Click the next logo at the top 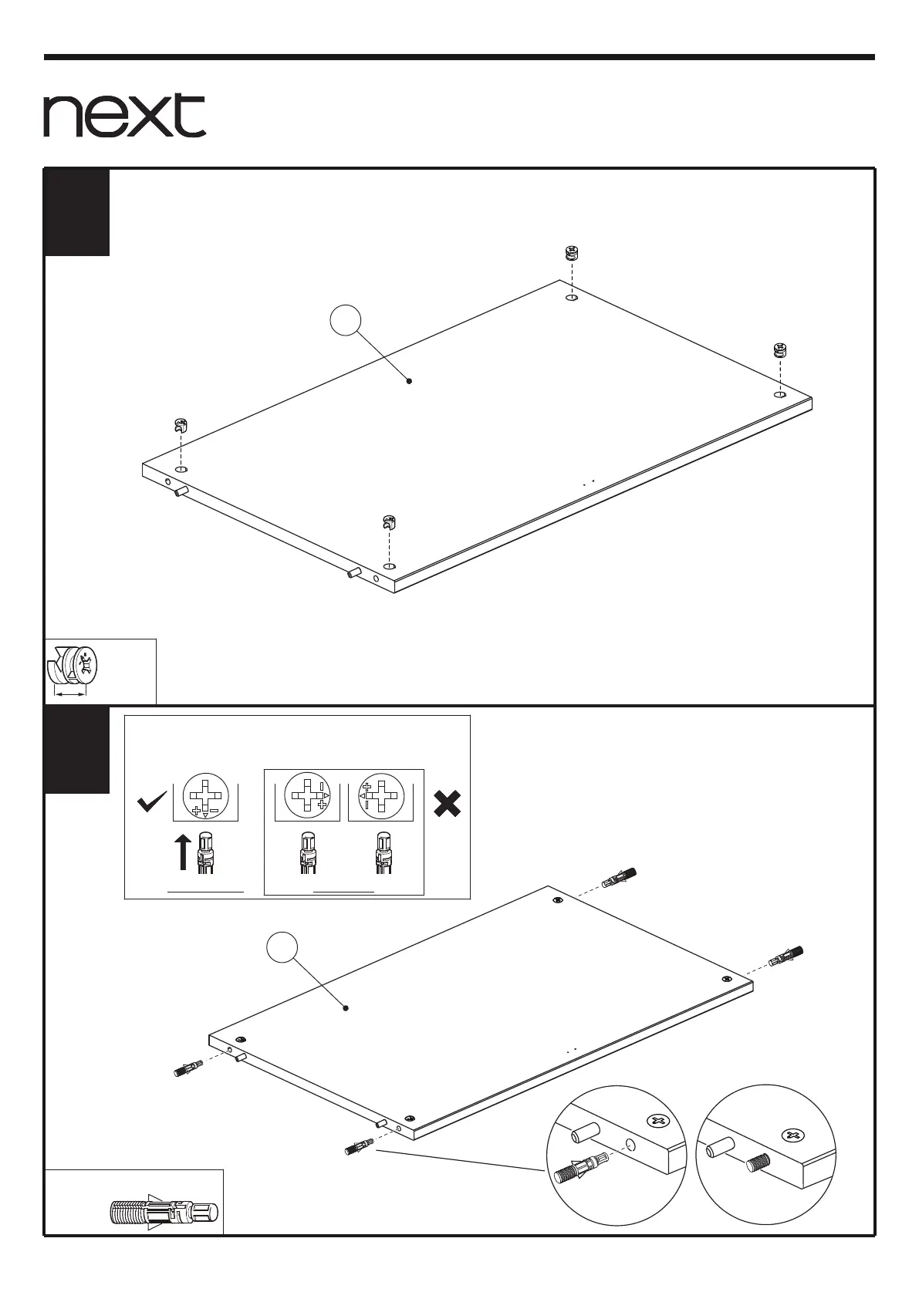[124, 116]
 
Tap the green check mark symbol [152, 804]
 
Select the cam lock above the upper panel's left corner [181, 423]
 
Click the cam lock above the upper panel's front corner [390, 522]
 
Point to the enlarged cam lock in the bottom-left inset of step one [75, 666]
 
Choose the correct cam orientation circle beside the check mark [205, 795]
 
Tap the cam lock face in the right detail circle [792, 1135]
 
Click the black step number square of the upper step [76, 212]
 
